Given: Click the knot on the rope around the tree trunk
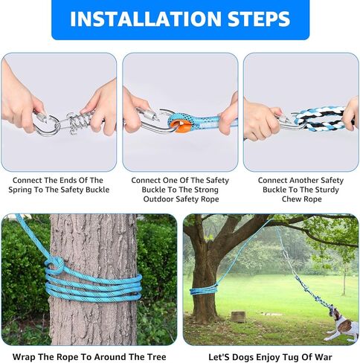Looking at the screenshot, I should click(x=55, y=264).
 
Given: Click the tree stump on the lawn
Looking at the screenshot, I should click(x=239, y=316).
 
